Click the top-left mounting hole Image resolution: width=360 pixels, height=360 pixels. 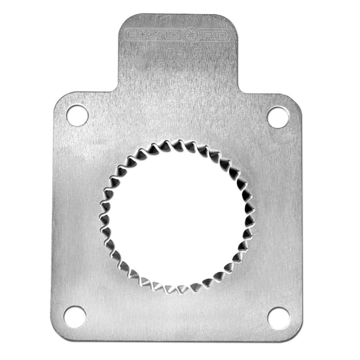(x=77, y=115)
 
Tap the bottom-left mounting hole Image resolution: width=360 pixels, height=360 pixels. (x=75, y=316)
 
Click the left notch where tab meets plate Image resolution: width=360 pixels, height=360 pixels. (x=118, y=90)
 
